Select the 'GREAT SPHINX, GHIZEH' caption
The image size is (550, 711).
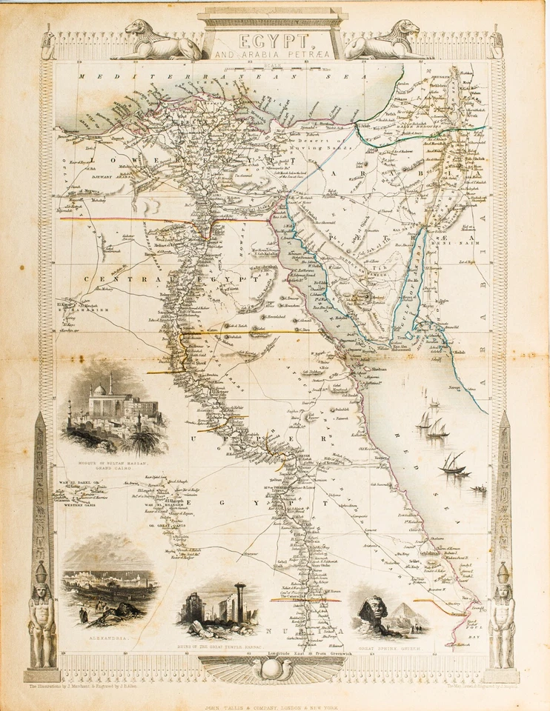pos(389,647)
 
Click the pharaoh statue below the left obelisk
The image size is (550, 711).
pos(41,615)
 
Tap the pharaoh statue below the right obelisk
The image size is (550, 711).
pos(503,615)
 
